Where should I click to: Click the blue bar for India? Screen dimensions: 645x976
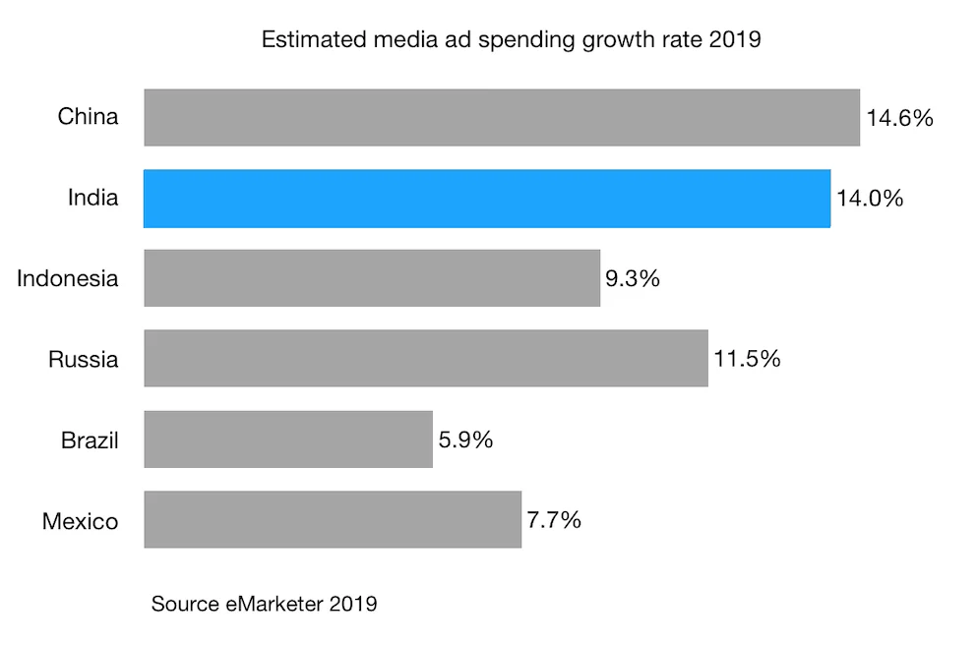pyautogui.click(x=487, y=199)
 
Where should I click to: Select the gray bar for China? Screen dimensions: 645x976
pyautogui.click(x=502, y=118)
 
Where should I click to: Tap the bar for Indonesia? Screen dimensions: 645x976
pyautogui.click(x=372, y=278)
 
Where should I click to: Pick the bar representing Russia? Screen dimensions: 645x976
pyautogui.click(x=426, y=359)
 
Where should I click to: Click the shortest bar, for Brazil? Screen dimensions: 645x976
pyautogui.click(x=288, y=440)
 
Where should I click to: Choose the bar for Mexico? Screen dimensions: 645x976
pyautogui.click(x=333, y=520)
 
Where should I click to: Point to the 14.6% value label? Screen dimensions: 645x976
pyautogui.click(x=899, y=118)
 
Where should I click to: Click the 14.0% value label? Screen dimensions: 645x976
pyautogui.click(x=870, y=199)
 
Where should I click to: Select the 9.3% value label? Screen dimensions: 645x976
pyautogui.click(x=633, y=278)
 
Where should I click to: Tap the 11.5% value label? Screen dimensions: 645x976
pyautogui.click(x=747, y=359)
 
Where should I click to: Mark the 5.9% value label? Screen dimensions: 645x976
pyautogui.click(x=465, y=440)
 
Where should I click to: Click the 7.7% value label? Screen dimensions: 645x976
pyautogui.click(x=554, y=520)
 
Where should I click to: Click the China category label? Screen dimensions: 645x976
pyautogui.click(x=88, y=117)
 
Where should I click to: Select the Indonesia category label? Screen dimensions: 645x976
pyautogui.click(x=68, y=278)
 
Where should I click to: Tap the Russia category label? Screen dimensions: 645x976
pyautogui.click(x=84, y=359)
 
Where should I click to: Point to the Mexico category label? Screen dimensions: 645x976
pyautogui.click(x=80, y=520)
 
